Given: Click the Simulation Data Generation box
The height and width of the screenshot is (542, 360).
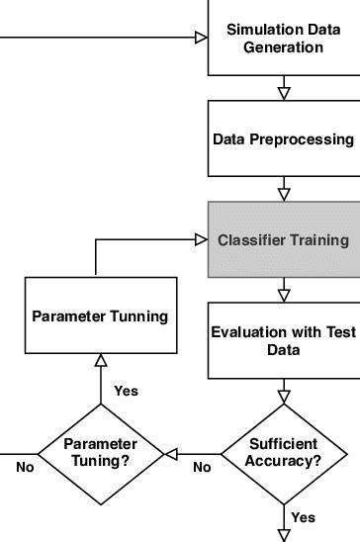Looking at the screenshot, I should [283, 40].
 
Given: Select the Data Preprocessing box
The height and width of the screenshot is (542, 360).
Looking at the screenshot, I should [283, 139].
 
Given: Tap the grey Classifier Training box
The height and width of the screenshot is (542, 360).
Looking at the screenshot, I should [283, 239].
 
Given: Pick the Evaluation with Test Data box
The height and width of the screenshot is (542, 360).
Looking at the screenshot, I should [283, 340].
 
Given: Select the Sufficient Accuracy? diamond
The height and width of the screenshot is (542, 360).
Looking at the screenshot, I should [284, 453].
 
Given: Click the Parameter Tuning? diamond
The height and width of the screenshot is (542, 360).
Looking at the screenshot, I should [100, 453].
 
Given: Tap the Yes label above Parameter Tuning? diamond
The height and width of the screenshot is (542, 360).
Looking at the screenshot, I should [127, 391].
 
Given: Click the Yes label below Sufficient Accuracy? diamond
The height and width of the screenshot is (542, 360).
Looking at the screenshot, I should [304, 517].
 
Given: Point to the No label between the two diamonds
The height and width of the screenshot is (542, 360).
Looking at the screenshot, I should [202, 466].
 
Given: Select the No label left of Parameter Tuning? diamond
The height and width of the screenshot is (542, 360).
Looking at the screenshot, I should [25, 466].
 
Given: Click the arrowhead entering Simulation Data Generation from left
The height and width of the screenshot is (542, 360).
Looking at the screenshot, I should [201, 39].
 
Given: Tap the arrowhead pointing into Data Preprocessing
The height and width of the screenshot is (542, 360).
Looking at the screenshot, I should [284, 93].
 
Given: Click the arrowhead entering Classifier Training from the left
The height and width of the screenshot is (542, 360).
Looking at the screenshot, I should [201, 239].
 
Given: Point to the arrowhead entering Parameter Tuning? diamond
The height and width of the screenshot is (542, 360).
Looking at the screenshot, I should [170, 453].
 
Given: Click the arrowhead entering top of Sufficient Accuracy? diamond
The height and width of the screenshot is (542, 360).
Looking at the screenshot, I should [284, 398].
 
